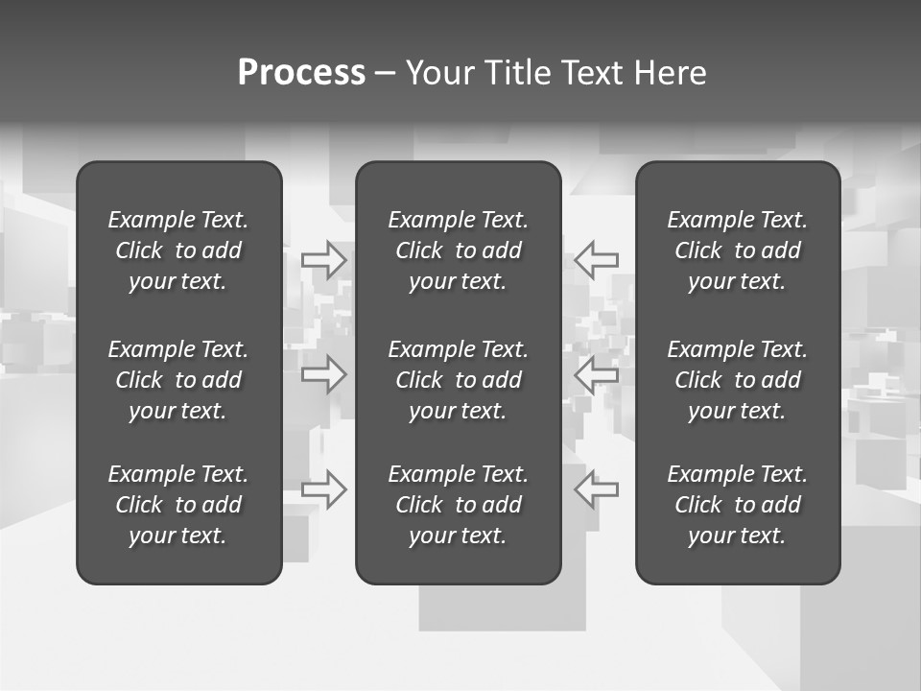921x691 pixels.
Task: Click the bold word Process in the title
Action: coord(301,73)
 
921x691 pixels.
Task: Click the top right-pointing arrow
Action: coord(323,259)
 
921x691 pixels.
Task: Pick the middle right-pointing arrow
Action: coord(323,373)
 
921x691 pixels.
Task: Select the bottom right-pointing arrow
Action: coord(323,488)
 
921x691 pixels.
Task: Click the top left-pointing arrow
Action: coord(596,259)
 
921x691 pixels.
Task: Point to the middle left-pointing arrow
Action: coord(596,373)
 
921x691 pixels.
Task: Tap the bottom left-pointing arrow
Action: coord(596,488)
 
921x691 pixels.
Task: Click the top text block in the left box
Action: coord(178,250)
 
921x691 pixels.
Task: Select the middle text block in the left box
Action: coord(178,380)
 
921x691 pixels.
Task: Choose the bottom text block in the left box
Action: coord(178,505)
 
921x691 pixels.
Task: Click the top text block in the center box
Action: coord(459,250)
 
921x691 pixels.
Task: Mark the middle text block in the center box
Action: coord(459,380)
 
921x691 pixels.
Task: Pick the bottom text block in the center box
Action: coord(459,505)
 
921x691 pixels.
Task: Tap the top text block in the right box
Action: coord(738,250)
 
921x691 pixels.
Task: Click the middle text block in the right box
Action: coord(738,380)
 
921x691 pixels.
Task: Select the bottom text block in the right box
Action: coord(738,505)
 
